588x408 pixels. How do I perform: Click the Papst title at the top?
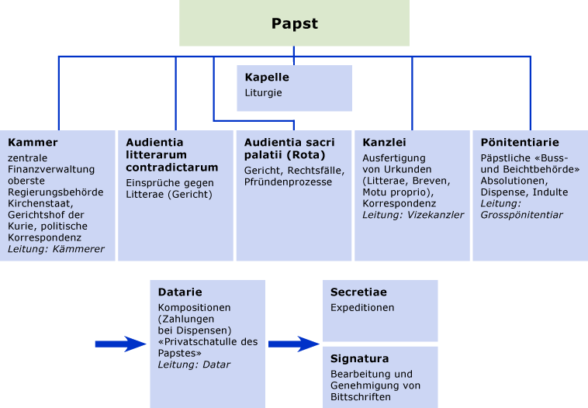294,23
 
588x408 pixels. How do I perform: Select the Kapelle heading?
267,78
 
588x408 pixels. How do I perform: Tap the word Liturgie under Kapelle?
263,92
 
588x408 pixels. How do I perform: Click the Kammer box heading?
33,143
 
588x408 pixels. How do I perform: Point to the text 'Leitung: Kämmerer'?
56,249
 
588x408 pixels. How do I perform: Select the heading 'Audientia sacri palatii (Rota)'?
289,148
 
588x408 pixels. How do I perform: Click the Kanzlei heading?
384,143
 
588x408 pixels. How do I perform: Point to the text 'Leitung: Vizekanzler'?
413,215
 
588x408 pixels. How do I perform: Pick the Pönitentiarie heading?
520,143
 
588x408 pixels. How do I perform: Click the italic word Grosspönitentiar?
521,215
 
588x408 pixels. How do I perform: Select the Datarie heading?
179,292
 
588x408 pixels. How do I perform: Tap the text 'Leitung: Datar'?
194,365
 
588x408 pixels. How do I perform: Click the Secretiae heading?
358,292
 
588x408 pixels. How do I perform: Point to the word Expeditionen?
362,307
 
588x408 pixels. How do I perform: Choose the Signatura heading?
359,359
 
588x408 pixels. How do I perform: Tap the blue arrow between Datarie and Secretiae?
293,344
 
